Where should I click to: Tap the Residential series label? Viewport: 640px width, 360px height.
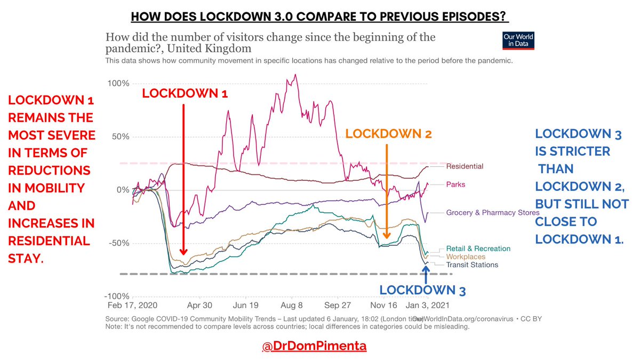click(x=465, y=166)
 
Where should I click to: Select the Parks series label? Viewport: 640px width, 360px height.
click(x=455, y=185)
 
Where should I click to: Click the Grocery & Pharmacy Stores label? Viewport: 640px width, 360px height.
click(x=493, y=213)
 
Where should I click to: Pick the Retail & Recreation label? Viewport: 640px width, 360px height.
click(x=478, y=249)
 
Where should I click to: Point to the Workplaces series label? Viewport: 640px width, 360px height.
click(x=466, y=257)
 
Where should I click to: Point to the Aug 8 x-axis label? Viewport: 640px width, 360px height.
click(x=292, y=306)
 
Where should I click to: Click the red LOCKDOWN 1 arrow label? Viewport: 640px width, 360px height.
click(x=185, y=93)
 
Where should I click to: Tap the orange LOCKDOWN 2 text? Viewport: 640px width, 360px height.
click(x=388, y=134)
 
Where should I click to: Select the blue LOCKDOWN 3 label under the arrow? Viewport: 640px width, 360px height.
click(x=422, y=291)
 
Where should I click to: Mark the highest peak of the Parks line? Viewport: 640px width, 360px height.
click(x=295, y=75)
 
